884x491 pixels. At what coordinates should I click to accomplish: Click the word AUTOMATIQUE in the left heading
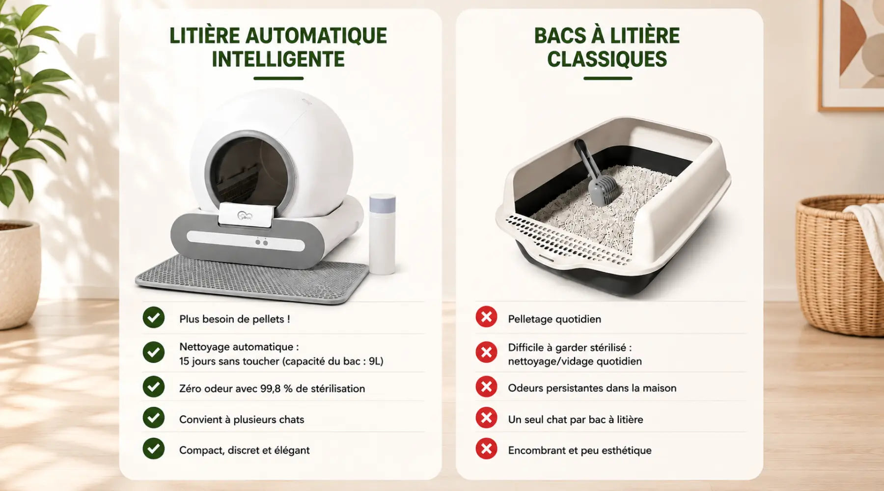click(316, 36)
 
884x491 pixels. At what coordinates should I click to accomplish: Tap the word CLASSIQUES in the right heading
click(607, 59)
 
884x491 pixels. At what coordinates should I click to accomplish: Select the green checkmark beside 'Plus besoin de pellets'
click(154, 317)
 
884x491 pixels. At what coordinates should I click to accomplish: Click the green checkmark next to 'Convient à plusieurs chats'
click(154, 418)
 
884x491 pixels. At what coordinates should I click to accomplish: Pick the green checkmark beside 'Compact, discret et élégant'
click(154, 449)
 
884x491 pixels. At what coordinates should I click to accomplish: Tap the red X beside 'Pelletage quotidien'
click(486, 317)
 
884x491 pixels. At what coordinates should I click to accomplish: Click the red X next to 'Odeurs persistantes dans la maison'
click(486, 387)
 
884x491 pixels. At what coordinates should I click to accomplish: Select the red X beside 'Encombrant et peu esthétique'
click(486, 449)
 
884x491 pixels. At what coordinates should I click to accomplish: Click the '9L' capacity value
click(376, 361)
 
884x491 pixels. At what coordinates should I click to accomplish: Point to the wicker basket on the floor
click(840, 265)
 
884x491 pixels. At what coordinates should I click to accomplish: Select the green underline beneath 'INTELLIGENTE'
click(278, 78)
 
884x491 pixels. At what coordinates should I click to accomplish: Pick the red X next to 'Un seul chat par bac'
click(486, 418)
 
